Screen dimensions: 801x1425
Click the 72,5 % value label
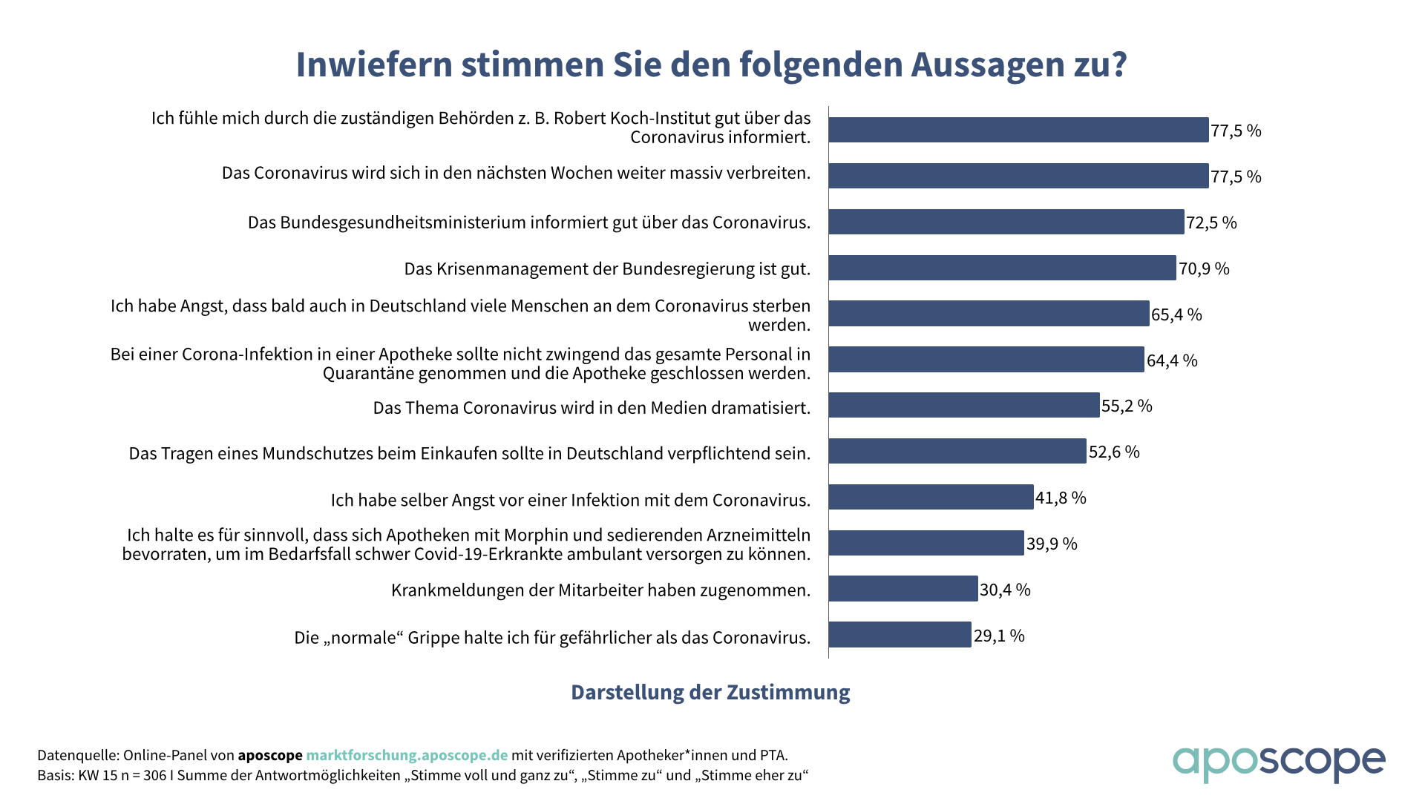1211,222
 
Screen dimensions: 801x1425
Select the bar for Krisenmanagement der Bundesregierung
1002,268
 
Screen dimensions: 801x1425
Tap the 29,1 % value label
999,636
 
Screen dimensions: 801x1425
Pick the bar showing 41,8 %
931,497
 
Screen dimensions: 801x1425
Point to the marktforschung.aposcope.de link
407,755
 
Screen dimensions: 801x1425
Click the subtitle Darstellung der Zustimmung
710,692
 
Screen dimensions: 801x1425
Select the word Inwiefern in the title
374,65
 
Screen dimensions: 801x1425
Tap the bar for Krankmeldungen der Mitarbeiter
902,589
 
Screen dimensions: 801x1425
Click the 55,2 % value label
1127,406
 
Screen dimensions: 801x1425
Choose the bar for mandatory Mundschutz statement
957,451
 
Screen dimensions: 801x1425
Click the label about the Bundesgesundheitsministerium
529,222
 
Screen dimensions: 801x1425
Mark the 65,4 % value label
1176,314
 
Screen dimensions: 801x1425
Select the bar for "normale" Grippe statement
900,635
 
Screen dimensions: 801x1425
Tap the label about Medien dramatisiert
592,408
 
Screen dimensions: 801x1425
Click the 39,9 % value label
1052,544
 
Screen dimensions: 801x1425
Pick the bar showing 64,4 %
986,360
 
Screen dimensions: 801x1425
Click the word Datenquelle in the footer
76,755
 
